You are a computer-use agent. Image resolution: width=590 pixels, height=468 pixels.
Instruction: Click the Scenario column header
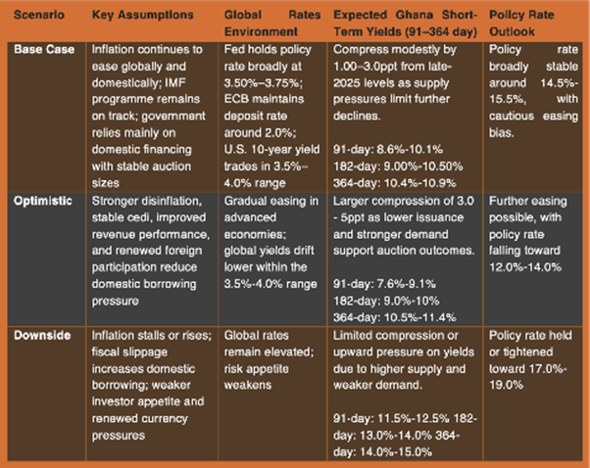tap(37, 17)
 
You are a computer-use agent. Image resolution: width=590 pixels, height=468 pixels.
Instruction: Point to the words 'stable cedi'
tap(115, 187)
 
